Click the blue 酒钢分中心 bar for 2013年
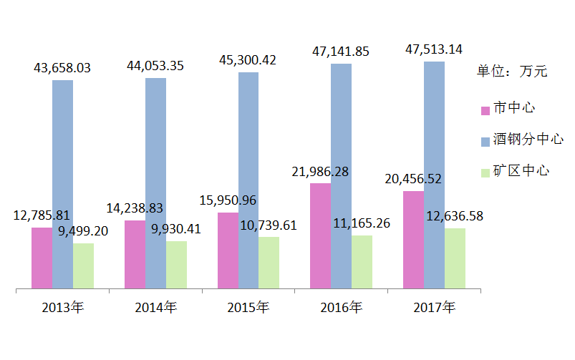pyautogui.click(x=63, y=185)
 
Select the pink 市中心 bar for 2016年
pyautogui.click(x=320, y=236)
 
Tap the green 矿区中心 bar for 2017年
pyautogui.click(x=455, y=259)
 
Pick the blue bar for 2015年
pyautogui.click(x=248, y=180)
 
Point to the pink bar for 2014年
pyautogui.click(x=135, y=255)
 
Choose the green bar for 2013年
pyautogui.click(x=84, y=266)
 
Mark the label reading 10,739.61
pyautogui.click(x=268, y=225)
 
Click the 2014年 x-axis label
pyautogui.click(x=155, y=308)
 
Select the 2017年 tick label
pyautogui.click(x=434, y=308)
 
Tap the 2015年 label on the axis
pyautogui.click(x=248, y=308)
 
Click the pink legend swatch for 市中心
pyautogui.click(x=485, y=110)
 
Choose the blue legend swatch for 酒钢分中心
pyautogui.click(x=485, y=141)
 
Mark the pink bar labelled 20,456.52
pyautogui.click(x=413, y=240)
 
